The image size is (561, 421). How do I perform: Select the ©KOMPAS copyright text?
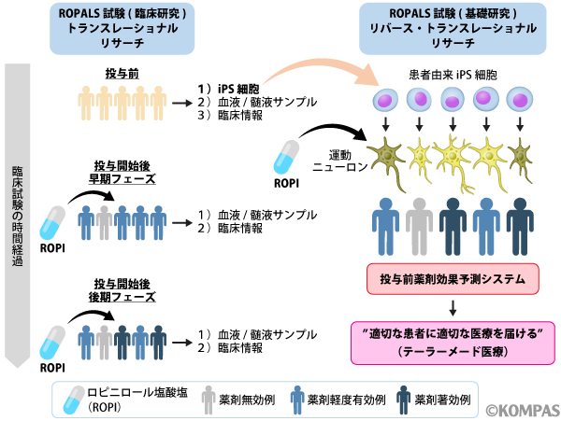pos(519,407)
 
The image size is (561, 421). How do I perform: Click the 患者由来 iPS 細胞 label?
pos(453,75)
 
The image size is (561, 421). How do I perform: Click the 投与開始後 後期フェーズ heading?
pos(123,288)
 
